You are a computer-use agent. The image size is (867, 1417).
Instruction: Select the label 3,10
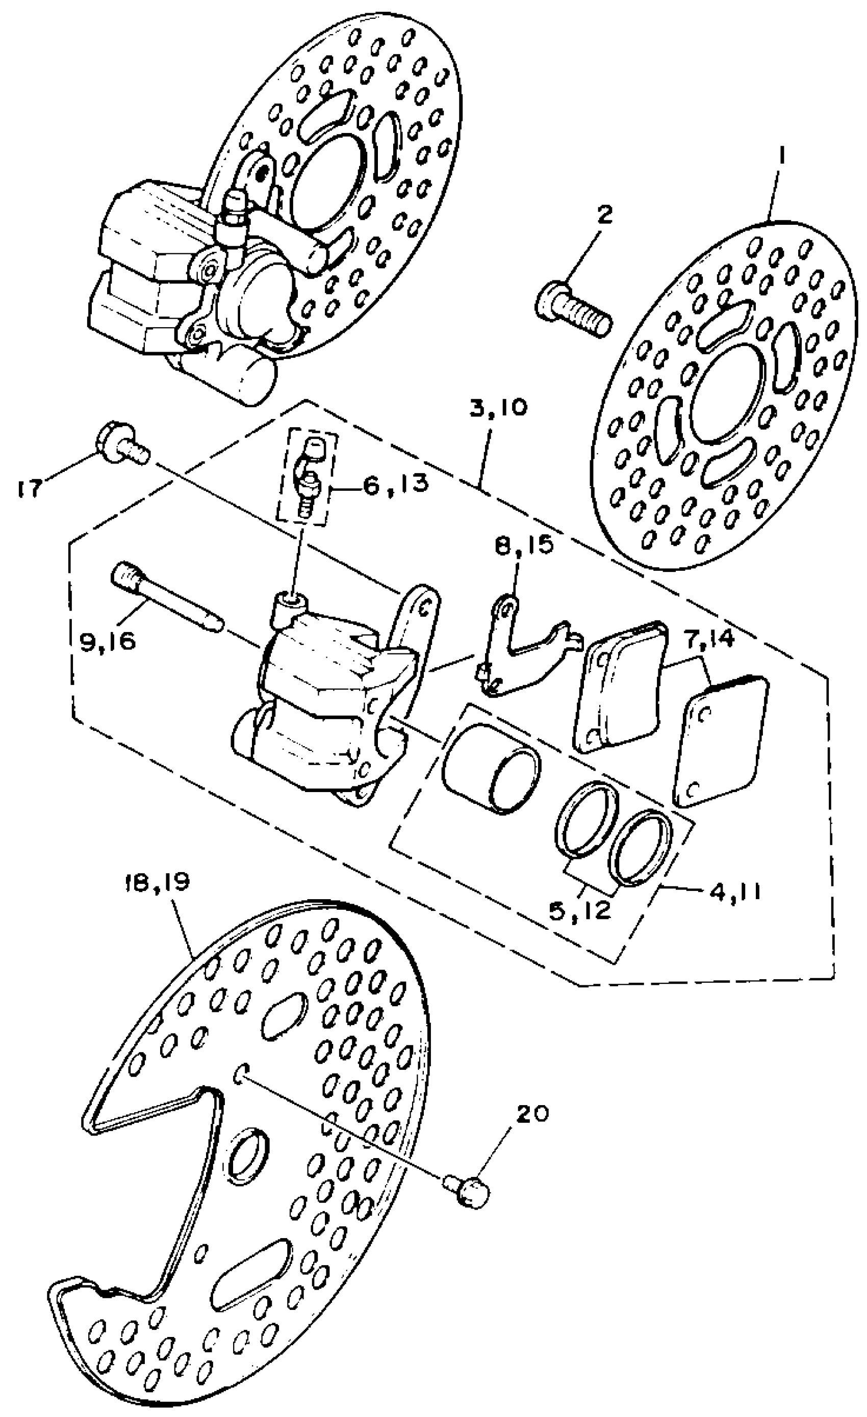click(x=498, y=409)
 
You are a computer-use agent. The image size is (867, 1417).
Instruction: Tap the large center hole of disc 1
click(x=728, y=400)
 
